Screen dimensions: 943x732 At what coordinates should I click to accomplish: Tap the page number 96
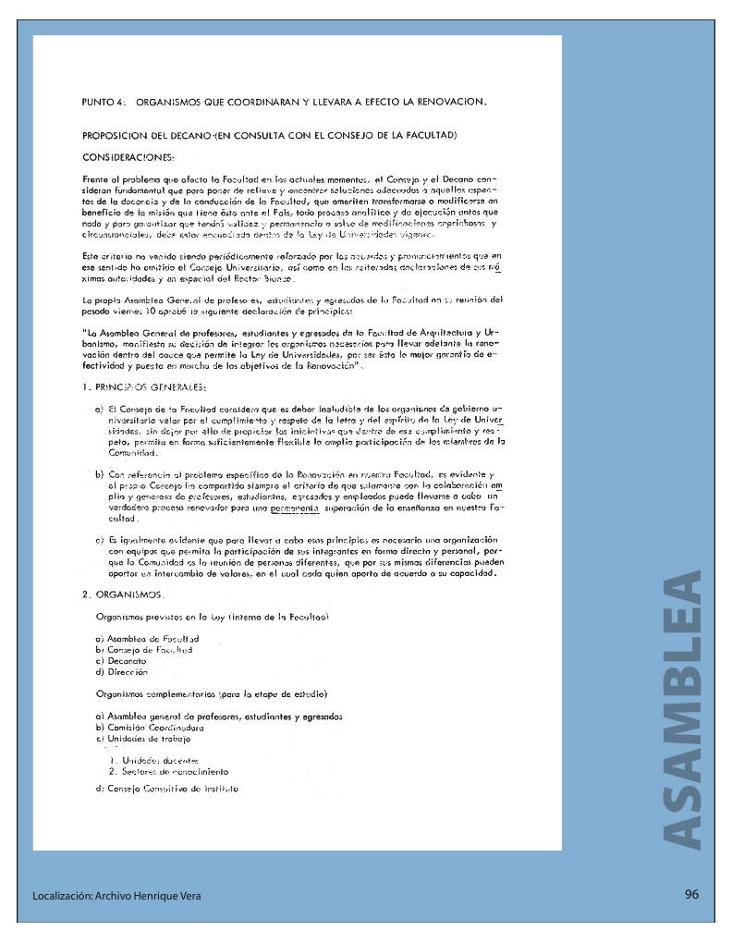(691, 894)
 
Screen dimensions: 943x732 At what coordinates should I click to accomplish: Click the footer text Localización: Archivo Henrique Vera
(116, 896)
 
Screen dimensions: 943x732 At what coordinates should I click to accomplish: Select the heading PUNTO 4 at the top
(102, 102)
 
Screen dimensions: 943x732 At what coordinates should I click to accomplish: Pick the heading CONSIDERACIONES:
(128, 158)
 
